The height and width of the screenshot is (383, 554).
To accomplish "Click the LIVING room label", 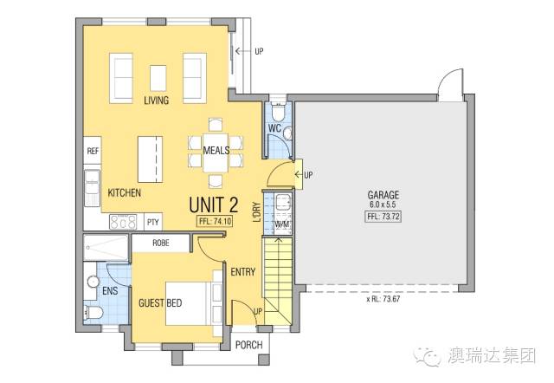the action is coord(156,100).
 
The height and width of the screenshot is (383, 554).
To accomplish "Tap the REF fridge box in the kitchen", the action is coord(93,151).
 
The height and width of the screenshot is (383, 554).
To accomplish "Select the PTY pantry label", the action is coord(153,223).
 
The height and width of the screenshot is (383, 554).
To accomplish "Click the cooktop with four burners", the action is coord(123,222).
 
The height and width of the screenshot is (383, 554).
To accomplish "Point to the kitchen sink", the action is coord(93,188).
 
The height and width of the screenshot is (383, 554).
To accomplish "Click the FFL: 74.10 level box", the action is coord(215,221).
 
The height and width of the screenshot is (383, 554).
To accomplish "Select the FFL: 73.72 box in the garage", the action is coord(383,217).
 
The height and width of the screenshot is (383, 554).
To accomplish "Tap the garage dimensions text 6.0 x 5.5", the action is coord(383,204).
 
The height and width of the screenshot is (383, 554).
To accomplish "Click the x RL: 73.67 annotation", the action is coord(383,299).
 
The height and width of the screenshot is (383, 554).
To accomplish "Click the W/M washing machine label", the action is coord(283,224).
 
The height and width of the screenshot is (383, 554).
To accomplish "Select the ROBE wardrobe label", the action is coord(161,243).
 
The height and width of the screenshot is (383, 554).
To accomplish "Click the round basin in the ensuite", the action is coord(93,282).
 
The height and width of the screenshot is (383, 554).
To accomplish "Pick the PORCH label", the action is coord(249,345).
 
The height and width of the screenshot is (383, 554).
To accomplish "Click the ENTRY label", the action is coord(243,272).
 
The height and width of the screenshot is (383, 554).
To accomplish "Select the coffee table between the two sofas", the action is coord(158,78).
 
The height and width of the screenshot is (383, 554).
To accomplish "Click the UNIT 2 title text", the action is coord(214,204).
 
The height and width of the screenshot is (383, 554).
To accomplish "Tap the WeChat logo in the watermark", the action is coord(428,356).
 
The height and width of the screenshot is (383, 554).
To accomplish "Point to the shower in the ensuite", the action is coord(106,248).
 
